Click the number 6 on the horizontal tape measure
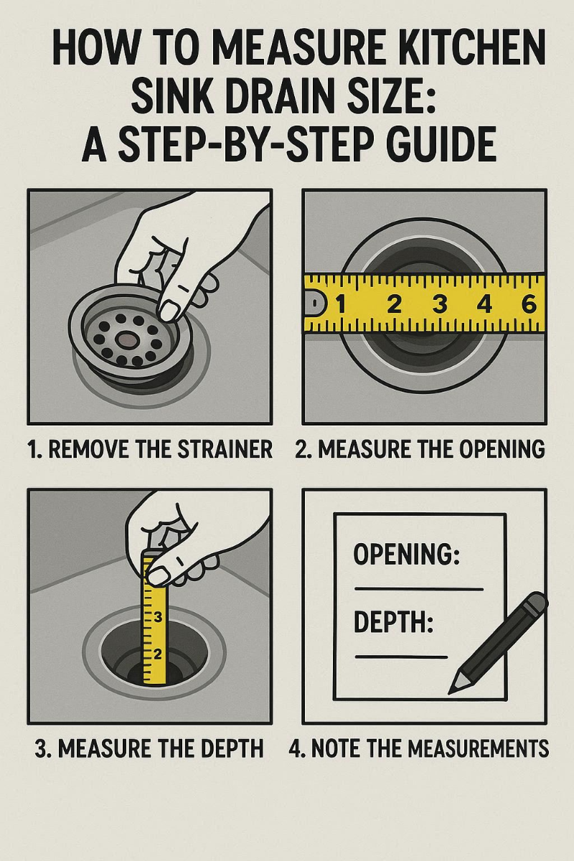tap(529, 304)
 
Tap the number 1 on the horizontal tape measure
tap(342, 304)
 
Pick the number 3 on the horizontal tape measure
tap(439, 304)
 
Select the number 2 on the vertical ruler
tap(159, 653)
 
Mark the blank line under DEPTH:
tap(401, 657)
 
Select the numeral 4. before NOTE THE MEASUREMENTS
tap(296, 749)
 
